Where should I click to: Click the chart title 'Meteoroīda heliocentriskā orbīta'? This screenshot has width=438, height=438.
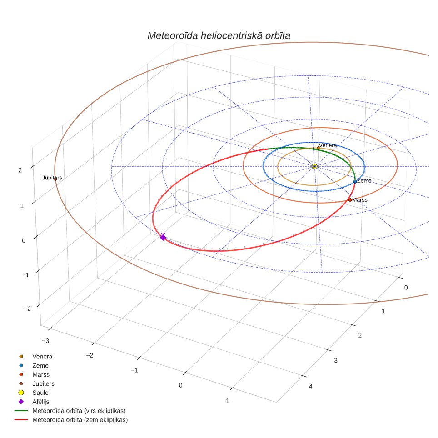pyautogui.click(x=219, y=35)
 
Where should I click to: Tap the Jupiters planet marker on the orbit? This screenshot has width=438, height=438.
pyautogui.click(x=55, y=179)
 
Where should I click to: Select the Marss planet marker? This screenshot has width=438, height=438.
pyautogui.click(x=350, y=200)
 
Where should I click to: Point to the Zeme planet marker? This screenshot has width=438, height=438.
pyautogui.click(x=355, y=182)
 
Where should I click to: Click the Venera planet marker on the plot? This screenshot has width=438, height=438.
pyautogui.click(x=319, y=148)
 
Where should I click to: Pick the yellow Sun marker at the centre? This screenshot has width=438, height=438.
pyautogui.click(x=314, y=166)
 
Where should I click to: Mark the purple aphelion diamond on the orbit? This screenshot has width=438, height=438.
pyautogui.click(x=163, y=238)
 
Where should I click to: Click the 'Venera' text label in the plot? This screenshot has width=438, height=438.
pyautogui.click(x=328, y=145)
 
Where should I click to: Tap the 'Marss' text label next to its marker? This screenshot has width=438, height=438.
pyautogui.click(x=360, y=200)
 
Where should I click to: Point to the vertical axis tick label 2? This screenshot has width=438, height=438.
pyautogui.click(x=20, y=170)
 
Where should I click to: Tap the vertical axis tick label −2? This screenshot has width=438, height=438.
pyautogui.click(x=27, y=309)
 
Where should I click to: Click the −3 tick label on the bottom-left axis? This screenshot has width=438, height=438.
pyautogui.click(x=45, y=341)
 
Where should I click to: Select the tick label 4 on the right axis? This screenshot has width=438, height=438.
pyautogui.click(x=311, y=387)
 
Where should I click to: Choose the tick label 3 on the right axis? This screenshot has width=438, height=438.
pyautogui.click(x=336, y=361)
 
